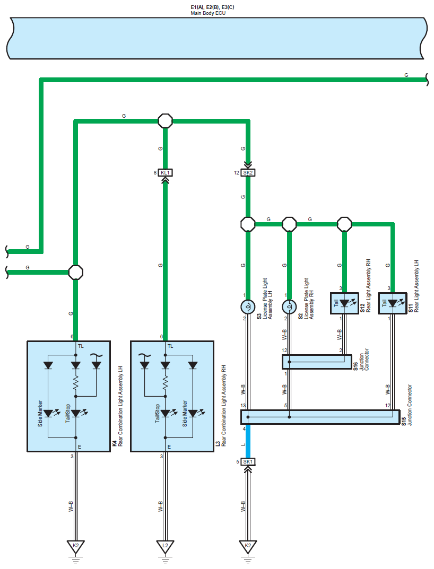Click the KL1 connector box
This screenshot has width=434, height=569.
165,173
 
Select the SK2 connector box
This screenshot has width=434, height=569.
248,173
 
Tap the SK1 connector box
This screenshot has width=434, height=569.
248,461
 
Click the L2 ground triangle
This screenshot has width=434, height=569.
165,546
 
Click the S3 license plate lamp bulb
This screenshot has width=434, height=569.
248,307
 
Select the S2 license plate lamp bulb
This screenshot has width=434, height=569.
289,307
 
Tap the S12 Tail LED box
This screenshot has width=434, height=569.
344,303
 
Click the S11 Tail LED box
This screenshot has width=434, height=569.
393,303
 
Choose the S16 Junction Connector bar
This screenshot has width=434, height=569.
317,362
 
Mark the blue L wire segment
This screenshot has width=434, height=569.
248,441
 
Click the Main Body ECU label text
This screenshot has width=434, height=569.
208,13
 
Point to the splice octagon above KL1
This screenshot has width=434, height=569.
165,121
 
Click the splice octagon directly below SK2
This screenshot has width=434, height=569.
248,224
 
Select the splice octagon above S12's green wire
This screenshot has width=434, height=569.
344,224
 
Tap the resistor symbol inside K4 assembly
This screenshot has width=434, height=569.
76,383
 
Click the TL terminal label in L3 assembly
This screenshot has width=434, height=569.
170,346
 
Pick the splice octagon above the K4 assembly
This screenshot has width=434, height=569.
76,272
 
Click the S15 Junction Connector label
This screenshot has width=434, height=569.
407,405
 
